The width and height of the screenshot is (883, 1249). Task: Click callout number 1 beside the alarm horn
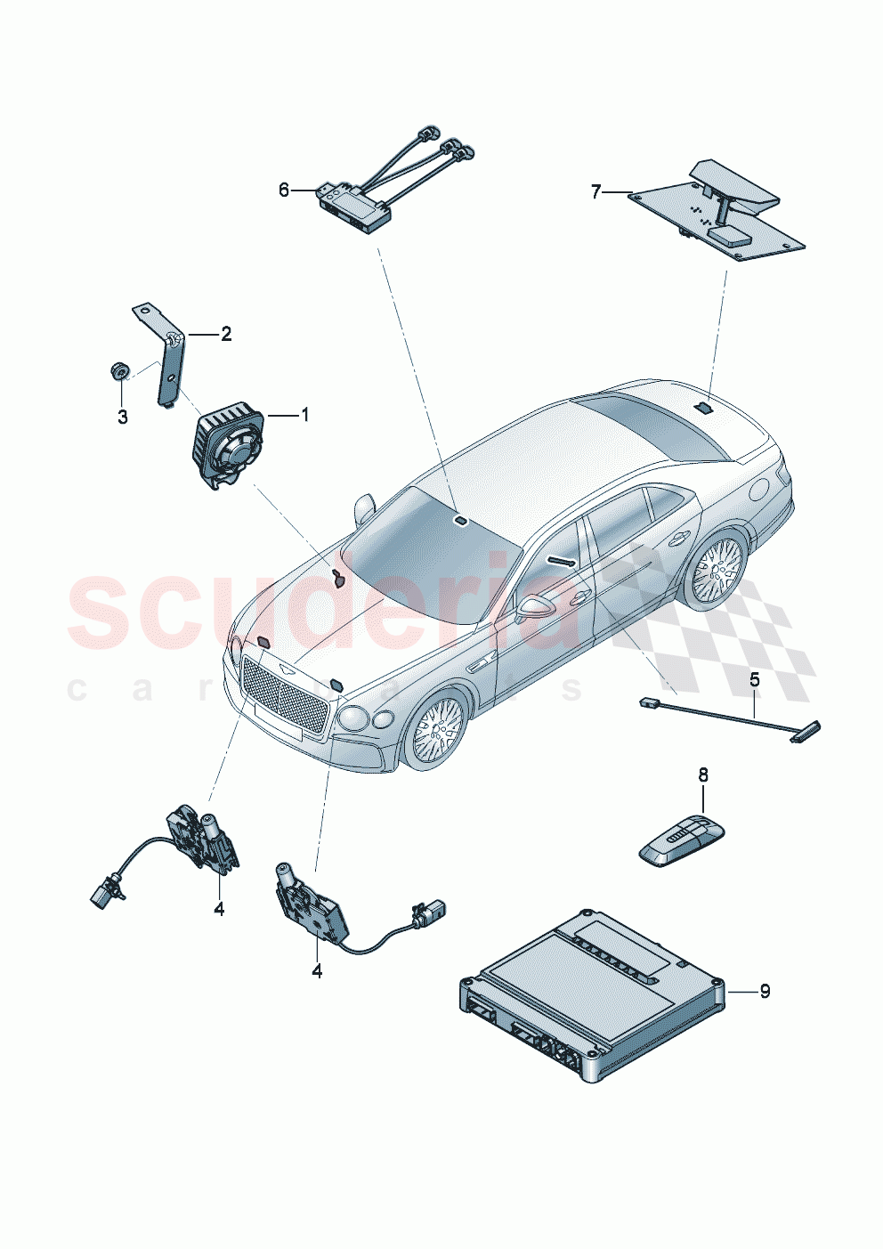pos(304,415)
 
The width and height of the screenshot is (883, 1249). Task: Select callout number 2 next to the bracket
pos(226,334)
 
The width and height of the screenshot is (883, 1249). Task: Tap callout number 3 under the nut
pos(123,417)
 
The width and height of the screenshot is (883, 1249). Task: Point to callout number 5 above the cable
pos(754,681)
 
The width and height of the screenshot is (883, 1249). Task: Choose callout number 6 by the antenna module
pos(284,190)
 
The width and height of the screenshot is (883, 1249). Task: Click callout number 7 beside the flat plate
pos(596,191)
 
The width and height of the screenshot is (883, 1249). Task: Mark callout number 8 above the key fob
pos(703,775)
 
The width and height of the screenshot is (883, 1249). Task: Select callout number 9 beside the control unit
pos(765,991)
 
